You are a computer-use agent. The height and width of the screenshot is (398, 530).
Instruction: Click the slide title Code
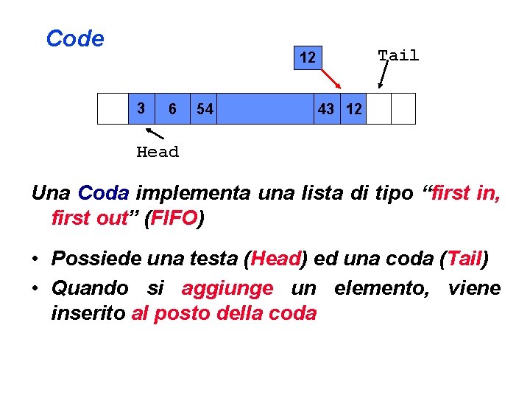point(75,38)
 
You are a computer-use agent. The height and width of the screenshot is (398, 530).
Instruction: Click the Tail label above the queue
point(398,55)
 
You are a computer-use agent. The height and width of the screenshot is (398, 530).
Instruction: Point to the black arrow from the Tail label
point(383,74)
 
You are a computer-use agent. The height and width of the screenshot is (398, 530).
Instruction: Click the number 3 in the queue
point(141,108)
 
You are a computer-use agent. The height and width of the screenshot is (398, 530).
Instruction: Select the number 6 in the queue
point(172,109)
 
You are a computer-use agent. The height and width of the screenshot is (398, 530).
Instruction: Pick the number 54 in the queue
point(205,109)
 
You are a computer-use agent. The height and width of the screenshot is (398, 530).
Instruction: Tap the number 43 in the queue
point(325,109)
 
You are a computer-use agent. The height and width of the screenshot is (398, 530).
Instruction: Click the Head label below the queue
point(158,152)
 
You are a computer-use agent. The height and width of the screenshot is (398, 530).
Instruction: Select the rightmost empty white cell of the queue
point(403,108)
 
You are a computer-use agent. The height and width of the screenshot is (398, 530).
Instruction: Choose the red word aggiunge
point(227,287)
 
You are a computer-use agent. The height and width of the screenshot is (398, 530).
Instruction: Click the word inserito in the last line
point(88,313)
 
